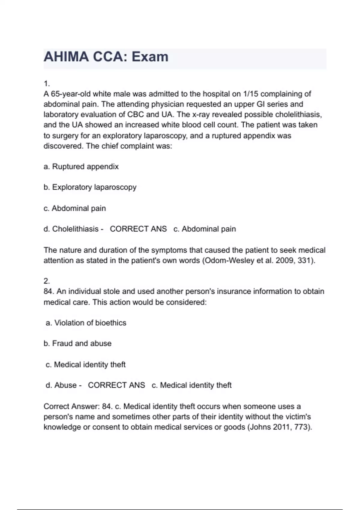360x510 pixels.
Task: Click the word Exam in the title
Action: pos(150,57)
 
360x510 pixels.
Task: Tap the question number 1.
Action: pos(46,83)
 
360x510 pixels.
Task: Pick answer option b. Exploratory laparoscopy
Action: pos(90,187)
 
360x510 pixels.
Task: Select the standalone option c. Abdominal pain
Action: pos(75,208)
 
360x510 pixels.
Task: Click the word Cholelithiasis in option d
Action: pos(75,229)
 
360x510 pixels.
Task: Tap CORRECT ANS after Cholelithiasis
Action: pos(138,229)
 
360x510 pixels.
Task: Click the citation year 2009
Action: pos(284,260)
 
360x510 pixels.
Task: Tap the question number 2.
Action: pos(46,281)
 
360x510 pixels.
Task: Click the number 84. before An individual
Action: pos(49,291)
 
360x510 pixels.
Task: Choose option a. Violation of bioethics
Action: pos(86,323)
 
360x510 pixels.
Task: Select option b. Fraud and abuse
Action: pos(77,343)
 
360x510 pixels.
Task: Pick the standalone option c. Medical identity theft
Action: pos(85,364)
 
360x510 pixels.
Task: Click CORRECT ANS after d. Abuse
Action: pos(116,385)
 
